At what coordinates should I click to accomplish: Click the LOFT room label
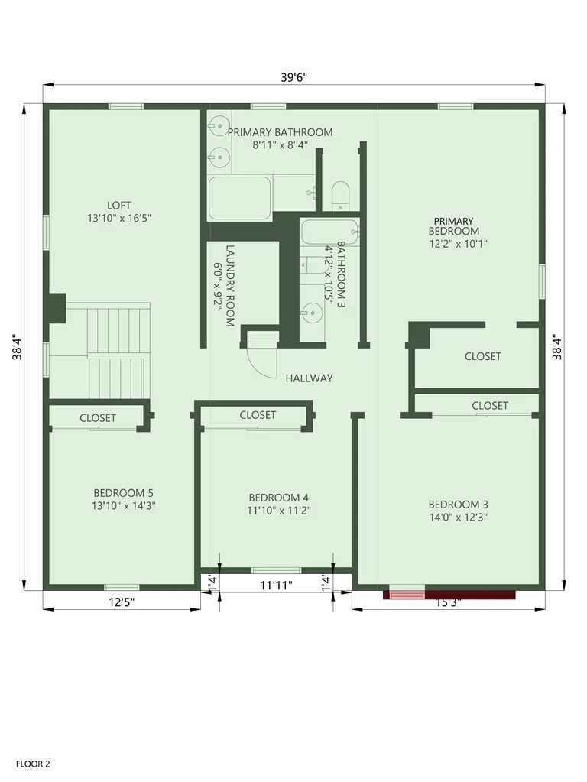pyautogui.click(x=118, y=205)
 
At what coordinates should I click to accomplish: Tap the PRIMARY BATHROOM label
pyautogui.click(x=280, y=132)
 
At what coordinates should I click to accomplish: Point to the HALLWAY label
pyautogui.click(x=309, y=378)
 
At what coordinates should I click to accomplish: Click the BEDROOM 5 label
pyautogui.click(x=118, y=492)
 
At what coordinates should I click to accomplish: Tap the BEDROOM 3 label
pyautogui.click(x=458, y=505)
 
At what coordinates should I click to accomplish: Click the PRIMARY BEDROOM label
pyautogui.click(x=453, y=226)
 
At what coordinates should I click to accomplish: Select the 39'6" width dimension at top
pyautogui.click(x=294, y=76)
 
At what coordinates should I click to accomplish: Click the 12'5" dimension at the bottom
pyautogui.click(x=121, y=602)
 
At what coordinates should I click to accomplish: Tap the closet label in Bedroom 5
pyautogui.click(x=98, y=418)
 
